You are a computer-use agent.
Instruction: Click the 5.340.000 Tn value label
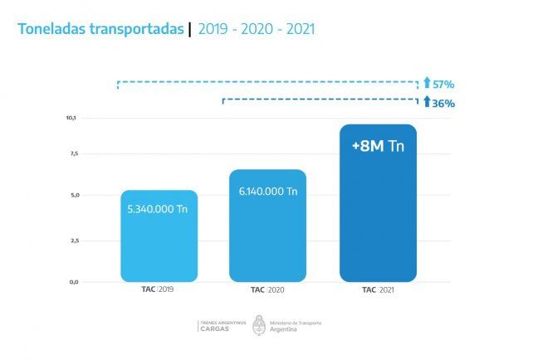pos(159,211)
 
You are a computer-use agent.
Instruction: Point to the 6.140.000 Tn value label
pos(267,192)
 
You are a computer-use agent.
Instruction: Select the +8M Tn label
pos(378,147)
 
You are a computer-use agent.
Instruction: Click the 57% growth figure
pos(444,85)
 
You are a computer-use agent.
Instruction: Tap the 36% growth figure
pos(444,103)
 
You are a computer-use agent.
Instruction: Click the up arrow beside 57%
pos(427,84)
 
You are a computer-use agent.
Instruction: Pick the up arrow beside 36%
pos(427,102)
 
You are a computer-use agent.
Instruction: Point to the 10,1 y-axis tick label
pos(71,118)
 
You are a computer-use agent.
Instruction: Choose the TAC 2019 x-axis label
pos(159,290)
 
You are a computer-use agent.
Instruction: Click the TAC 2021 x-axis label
pos(378,290)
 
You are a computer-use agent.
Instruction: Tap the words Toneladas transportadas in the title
pos(100,30)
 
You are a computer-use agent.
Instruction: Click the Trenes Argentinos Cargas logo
pos(218,325)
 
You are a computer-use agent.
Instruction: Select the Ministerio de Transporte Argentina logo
pos(286,325)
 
